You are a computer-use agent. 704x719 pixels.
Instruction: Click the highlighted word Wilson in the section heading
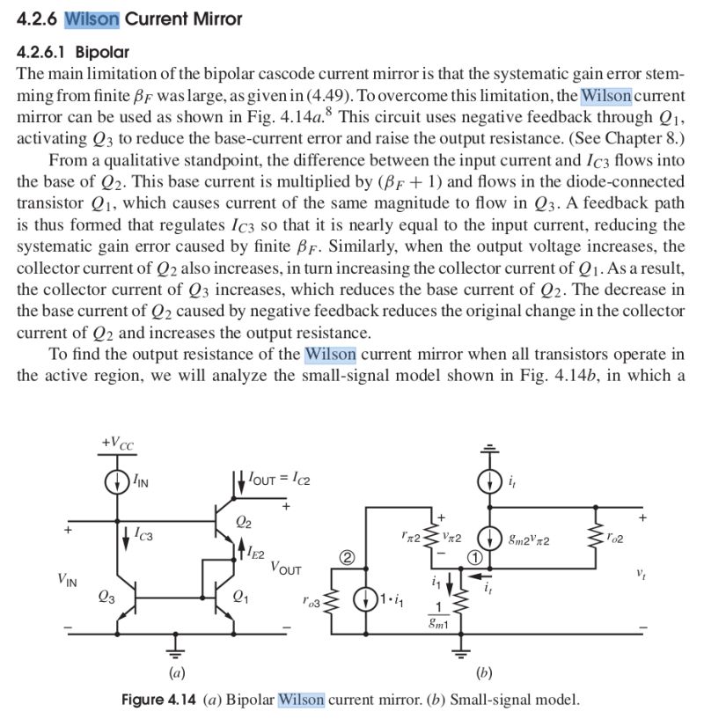[x=92, y=18]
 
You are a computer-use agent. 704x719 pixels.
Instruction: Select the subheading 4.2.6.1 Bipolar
[x=72, y=52]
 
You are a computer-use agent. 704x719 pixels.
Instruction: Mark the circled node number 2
[x=348, y=557]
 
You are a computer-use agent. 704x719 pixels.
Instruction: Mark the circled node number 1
[x=473, y=557]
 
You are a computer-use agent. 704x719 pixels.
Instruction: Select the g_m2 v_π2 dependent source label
[x=531, y=539]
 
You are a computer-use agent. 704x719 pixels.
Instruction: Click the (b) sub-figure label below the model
[x=483, y=674]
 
